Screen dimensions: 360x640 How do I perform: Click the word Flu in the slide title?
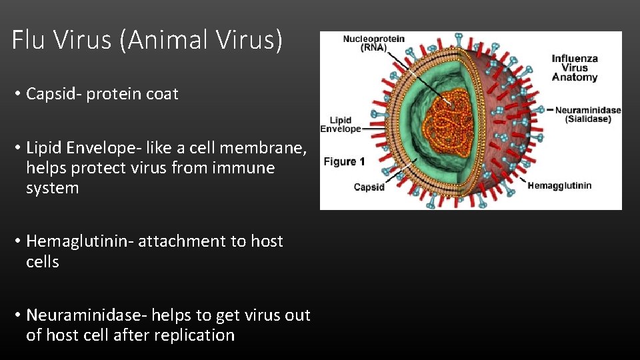(x=29, y=41)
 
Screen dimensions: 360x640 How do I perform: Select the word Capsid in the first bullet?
(x=49, y=94)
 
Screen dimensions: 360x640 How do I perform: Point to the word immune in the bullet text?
(x=243, y=168)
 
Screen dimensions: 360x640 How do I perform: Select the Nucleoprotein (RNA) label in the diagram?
(x=373, y=43)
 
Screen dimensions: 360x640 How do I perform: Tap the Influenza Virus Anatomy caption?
(x=574, y=68)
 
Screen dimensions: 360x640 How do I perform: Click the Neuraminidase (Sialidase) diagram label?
(x=587, y=115)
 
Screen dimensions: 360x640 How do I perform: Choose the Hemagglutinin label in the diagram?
(x=559, y=186)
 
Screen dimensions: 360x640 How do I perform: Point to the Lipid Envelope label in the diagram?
(x=341, y=125)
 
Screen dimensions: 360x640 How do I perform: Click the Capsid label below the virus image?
(x=369, y=187)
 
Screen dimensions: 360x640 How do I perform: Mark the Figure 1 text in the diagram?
(x=344, y=162)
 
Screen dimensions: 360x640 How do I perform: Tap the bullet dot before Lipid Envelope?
(x=18, y=148)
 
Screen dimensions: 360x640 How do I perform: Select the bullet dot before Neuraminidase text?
(x=18, y=315)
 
